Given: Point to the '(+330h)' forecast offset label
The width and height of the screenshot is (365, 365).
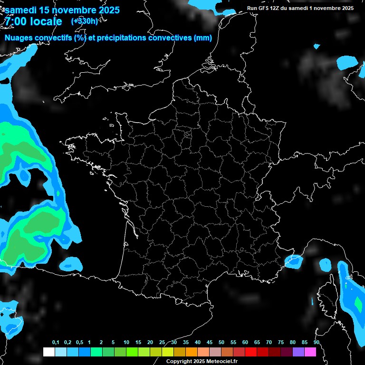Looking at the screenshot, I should click(x=85, y=21).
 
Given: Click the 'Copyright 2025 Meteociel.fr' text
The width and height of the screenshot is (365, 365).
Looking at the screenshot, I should click(x=202, y=361).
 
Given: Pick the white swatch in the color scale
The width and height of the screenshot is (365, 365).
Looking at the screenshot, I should click(x=48, y=352).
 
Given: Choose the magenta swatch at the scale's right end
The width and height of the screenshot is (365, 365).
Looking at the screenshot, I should click(x=310, y=352).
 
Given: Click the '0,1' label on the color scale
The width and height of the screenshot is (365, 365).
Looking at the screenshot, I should click(x=55, y=343).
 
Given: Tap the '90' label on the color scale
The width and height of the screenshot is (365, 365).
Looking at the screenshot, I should click(x=317, y=343).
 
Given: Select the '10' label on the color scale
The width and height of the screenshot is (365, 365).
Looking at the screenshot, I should click(x=126, y=343).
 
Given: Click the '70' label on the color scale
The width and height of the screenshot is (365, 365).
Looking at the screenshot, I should click(x=269, y=343).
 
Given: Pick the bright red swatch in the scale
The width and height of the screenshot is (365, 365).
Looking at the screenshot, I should click(x=251, y=352).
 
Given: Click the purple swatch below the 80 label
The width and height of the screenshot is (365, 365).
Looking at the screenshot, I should click(x=298, y=352).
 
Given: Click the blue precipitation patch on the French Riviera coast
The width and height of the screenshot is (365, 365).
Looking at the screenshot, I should click(x=293, y=260).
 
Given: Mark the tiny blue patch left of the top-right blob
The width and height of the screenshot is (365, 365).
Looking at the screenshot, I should click(x=317, y=46).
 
